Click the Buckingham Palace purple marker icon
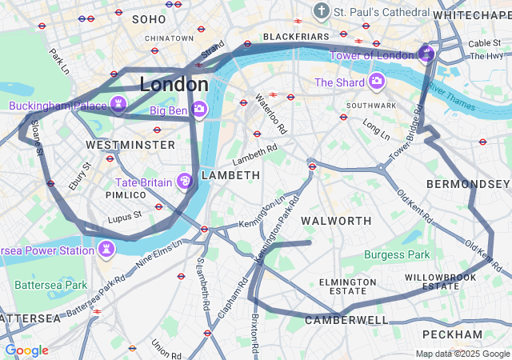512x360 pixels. (x=118, y=105)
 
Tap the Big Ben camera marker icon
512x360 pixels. (x=199, y=107)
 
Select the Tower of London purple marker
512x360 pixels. (x=426, y=54)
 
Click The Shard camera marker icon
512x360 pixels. (x=377, y=82)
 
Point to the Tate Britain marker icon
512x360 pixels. (x=185, y=182)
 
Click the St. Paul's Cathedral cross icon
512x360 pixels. (x=322, y=12)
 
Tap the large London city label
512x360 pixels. (x=174, y=84)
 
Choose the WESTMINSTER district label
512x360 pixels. (x=130, y=145)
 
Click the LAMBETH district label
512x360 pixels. (x=230, y=174)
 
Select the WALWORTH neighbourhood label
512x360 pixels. (x=336, y=220)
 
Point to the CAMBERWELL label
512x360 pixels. (x=346, y=320)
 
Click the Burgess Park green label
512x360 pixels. (x=397, y=255)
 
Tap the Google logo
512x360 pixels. (x=26, y=350)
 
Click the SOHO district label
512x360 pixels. (x=149, y=18)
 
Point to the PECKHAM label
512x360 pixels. (x=454, y=334)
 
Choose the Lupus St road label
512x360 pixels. (x=125, y=214)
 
